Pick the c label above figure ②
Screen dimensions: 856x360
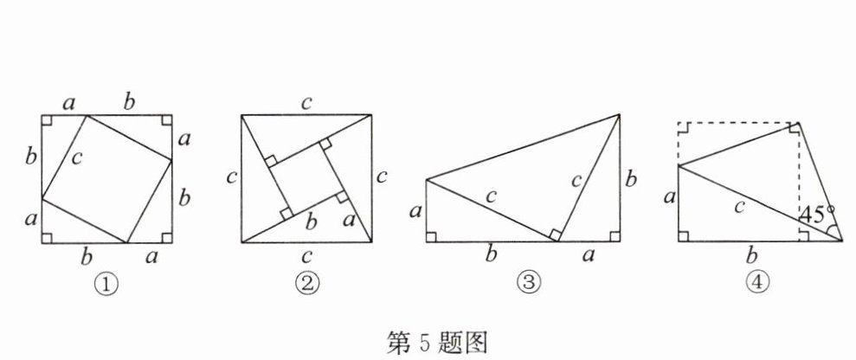306,103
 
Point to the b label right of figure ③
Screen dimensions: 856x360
632,180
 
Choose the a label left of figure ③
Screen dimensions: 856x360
415,210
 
